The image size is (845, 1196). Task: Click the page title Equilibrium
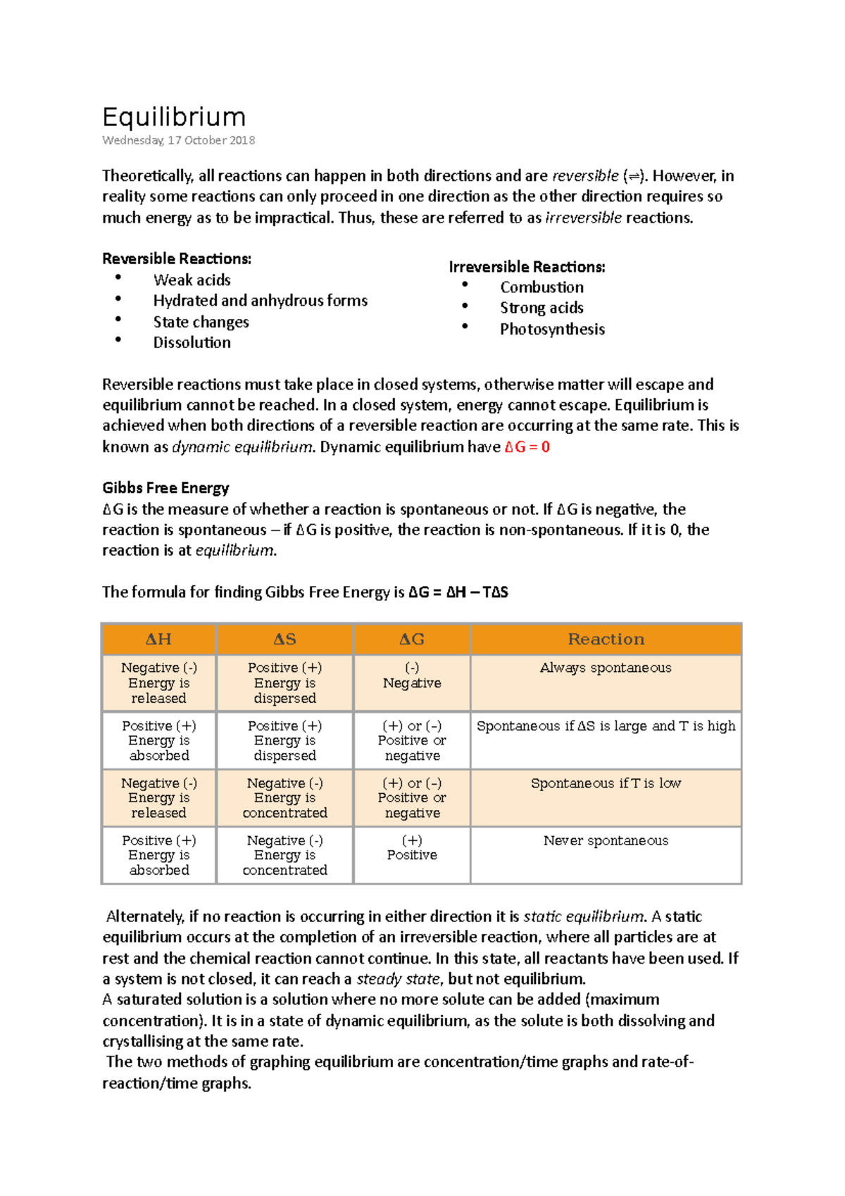point(174,117)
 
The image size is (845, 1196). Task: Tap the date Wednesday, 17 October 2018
point(178,140)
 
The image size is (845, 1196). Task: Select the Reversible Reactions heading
point(177,258)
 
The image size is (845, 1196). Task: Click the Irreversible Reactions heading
point(527,267)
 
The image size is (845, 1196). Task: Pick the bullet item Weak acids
point(192,280)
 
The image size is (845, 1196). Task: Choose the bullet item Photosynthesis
point(552,329)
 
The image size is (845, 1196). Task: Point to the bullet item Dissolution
point(192,342)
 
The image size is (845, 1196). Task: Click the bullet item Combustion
point(542,287)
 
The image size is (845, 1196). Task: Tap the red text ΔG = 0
point(527,447)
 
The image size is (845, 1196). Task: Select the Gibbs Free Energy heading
point(165,488)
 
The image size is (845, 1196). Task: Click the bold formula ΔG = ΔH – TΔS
point(458,592)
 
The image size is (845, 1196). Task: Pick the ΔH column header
point(158,640)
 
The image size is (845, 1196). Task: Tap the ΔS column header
point(284,640)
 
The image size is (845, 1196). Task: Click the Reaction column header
point(606,640)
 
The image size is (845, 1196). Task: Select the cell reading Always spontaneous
point(606,668)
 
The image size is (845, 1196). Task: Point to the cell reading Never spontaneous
point(606,840)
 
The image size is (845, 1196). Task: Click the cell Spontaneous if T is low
point(606,783)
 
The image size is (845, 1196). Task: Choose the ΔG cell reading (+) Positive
point(412,848)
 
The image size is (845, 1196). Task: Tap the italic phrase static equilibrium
point(584,917)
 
